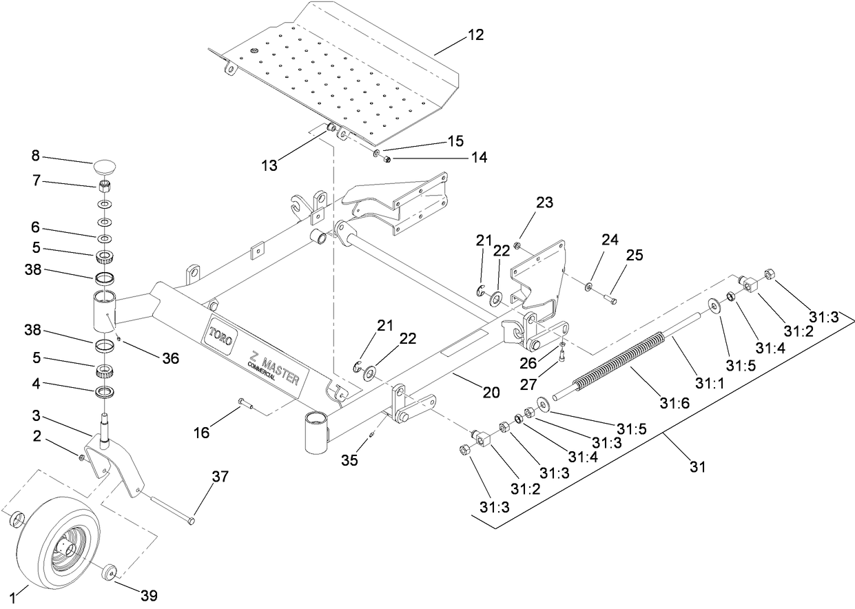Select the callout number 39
coord(150,596)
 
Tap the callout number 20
coord(491,393)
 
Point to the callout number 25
coord(635,256)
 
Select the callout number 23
coord(545,203)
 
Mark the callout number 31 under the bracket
coord(698,468)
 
